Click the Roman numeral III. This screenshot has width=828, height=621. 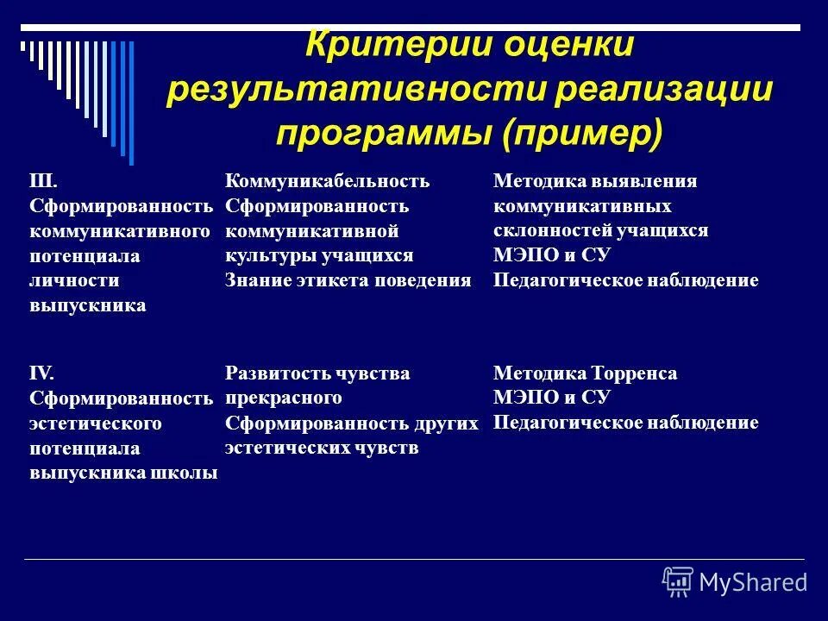pyautogui.click(x=43, y=181)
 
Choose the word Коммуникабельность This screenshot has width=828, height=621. pyautogui.click(x=327, y=181)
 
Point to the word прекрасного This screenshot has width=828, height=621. pyautogui.click(x=284, y=398)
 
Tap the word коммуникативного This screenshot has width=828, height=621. pyautogui.click(x=121, y=231)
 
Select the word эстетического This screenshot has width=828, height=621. pyautogui.click(x=97, y=423)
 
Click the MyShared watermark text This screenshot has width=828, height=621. pyautogui.click(x=754, y=582)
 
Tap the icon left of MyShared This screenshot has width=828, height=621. pyautogui.click(x=678, y=581)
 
